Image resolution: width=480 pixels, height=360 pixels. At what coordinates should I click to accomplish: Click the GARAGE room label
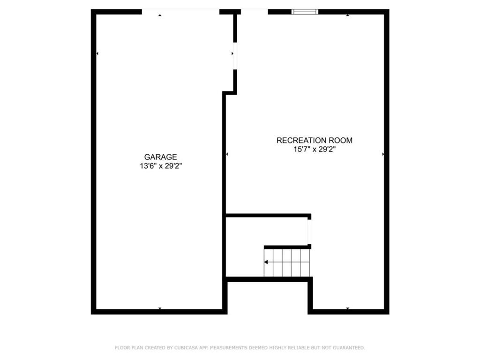[x=160, y=157]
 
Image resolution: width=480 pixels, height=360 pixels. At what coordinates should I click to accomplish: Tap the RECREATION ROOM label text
[x=315, y=141]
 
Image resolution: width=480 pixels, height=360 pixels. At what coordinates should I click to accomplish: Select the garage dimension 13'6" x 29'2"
[x=161, y=166]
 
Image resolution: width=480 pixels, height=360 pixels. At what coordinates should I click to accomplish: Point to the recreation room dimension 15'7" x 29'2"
[x=315, y=150]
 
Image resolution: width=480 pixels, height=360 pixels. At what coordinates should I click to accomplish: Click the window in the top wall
[x=305, y=12]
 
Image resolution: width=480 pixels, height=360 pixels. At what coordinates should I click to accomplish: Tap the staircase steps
[x=287, y=262]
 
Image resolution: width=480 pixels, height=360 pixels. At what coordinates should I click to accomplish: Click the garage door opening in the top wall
[x=180, y=12]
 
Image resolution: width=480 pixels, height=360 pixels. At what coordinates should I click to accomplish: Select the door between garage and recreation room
[x=235, y=56]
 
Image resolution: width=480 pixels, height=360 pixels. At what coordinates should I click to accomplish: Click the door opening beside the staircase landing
[x=309, y=232]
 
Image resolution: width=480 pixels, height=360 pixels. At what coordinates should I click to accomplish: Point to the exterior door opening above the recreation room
[x=255, y=12]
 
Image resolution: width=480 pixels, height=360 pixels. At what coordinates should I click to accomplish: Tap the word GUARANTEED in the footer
[x=349, y=348]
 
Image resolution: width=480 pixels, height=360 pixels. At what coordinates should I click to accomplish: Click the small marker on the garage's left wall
[x=97, y=53]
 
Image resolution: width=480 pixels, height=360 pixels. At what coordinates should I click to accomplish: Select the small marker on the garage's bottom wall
[x=160, y=308]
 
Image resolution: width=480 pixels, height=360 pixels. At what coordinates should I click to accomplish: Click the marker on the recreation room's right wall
[x=383, y=154]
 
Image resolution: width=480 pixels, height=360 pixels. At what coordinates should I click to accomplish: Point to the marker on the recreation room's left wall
[x=227, y=154]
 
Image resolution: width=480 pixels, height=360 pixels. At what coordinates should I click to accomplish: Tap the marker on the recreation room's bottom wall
[x=347, y=308]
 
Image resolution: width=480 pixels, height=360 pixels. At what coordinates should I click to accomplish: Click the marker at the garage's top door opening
[x=160, y=15]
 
